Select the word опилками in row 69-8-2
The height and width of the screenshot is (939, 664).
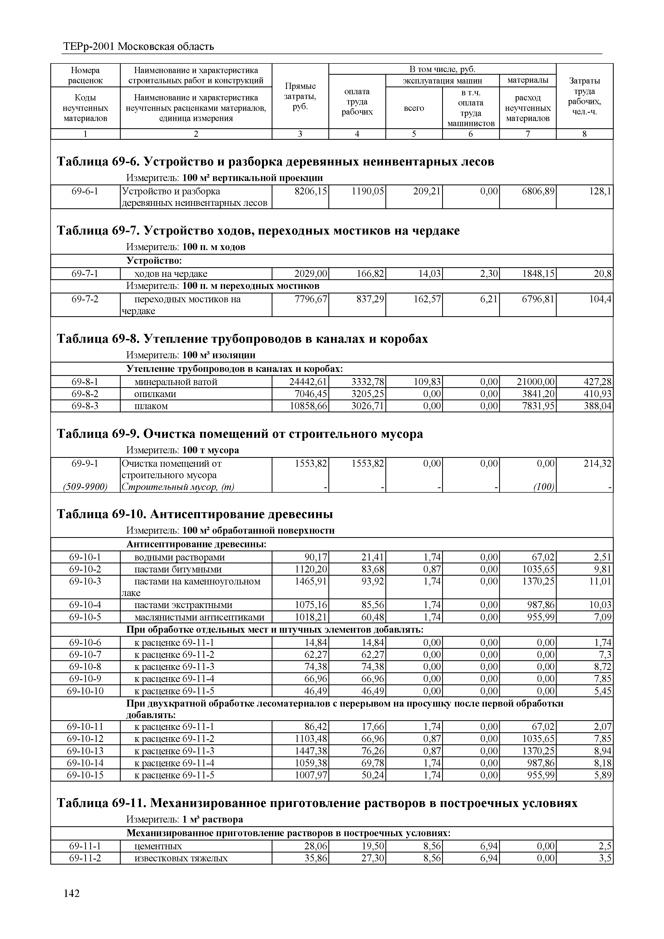[155, 394]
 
